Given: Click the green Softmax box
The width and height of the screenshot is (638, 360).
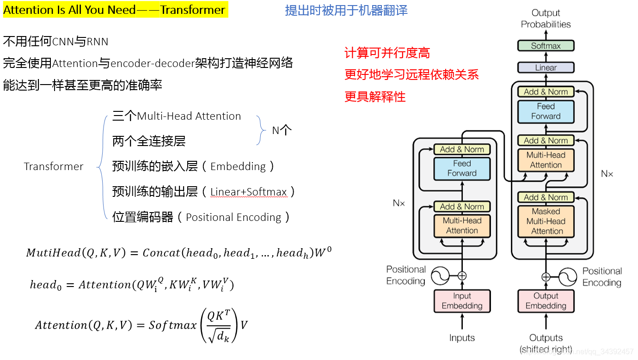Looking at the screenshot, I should [x=546, y=46].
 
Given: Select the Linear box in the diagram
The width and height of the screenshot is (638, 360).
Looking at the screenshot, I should [x=546, y=67].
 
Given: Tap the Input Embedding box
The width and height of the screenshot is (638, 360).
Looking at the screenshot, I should [x=462, y=301].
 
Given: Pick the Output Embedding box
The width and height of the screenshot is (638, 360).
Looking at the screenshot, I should [x=546, y=301].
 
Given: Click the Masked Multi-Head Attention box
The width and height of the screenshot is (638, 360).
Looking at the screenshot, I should [x=546, y=221].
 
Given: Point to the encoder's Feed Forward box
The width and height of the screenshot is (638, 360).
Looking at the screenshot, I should [x=462, y=169].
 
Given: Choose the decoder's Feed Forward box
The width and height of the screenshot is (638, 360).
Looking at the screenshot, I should [x=546, y=111].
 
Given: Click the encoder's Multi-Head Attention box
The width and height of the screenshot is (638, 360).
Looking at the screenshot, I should [x=462, y=226].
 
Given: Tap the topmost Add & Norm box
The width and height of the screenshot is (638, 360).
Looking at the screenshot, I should [x=546, y=92].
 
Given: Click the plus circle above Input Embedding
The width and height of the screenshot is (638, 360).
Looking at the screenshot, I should [x=462, y=276].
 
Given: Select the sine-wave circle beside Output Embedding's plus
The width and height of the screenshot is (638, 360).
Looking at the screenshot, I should [x=568, y=277].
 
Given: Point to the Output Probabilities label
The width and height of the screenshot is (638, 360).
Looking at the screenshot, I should [x=546, y=18].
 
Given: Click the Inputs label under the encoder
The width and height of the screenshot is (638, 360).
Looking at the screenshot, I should [x=462, y=338].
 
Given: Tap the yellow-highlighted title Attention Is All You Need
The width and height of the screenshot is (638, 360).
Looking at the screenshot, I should [x=115, y=10].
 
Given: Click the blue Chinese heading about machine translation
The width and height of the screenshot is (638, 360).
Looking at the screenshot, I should [x=346, y=10].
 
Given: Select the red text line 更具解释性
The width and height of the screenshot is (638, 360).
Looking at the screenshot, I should [x=375, y=97].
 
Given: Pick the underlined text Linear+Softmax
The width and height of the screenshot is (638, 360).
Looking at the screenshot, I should [x=248, y=192].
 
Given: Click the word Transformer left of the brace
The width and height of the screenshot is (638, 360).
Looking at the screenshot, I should [x=54, y=166].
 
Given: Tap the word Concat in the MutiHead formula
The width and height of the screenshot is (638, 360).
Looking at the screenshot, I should [x=161, y=253].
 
